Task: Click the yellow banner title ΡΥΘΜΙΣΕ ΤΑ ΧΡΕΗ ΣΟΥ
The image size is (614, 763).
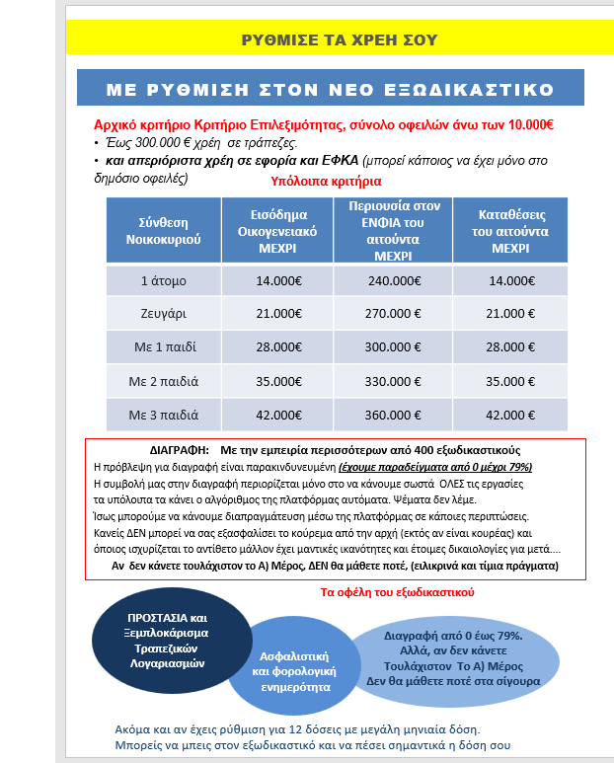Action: point(338,39)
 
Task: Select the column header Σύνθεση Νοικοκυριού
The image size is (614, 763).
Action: point(156,229)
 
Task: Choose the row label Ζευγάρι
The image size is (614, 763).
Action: point(156,314)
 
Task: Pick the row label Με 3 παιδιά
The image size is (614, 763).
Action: point(156,415)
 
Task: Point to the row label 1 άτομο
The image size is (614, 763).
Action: point(156,280)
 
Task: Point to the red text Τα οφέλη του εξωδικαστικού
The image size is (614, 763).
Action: point(399,592)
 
